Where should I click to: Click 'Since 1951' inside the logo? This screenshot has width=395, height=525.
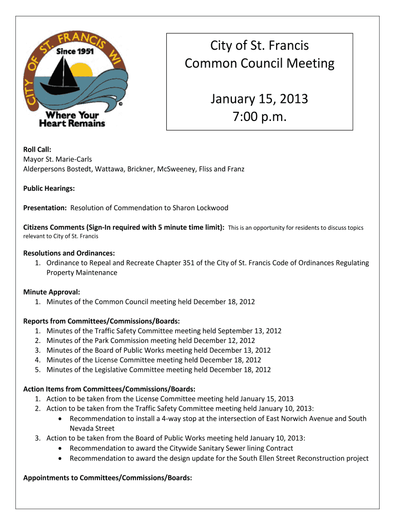[x=64, y=51]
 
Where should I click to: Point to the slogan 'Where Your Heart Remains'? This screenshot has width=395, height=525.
[x=72, y=119]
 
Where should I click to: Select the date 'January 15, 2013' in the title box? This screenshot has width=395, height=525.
[x=259, y=98]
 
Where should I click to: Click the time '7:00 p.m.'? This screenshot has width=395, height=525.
[x=259, y=118]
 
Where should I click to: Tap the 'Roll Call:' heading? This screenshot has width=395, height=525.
[x=37, y=150]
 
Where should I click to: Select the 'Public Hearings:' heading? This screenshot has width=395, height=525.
[x=49, y=189]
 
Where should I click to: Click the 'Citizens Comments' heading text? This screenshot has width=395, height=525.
[x=56, y=227]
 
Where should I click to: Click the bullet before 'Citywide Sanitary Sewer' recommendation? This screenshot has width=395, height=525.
[x=61, y=448]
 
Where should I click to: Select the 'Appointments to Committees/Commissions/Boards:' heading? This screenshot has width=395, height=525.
[x=108, y=478]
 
